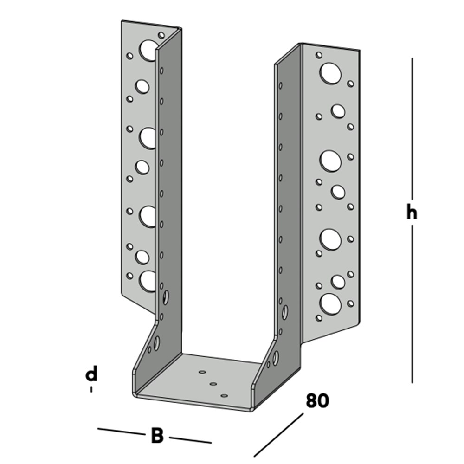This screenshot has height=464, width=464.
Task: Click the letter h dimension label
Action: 412,213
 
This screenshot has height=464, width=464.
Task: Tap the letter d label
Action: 92,374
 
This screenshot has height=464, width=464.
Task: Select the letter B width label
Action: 157,436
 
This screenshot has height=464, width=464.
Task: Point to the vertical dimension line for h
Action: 412,139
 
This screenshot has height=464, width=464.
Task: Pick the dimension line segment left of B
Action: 121,432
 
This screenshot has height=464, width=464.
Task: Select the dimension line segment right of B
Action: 190,439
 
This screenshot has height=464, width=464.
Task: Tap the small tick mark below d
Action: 91,390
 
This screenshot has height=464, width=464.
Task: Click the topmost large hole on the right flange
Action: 330,74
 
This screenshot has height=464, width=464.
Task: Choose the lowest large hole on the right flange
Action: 330,303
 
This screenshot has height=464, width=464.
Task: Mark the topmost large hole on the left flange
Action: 148,51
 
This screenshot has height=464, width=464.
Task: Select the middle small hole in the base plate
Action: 213,384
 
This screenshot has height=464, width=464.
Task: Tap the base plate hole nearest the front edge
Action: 225,396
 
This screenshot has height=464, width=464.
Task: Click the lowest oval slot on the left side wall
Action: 157,343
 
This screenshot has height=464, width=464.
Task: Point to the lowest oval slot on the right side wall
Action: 276,357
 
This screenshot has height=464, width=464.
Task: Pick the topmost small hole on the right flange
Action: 319,55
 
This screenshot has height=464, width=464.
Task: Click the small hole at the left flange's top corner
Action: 161,35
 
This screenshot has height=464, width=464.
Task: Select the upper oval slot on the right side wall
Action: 284,312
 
